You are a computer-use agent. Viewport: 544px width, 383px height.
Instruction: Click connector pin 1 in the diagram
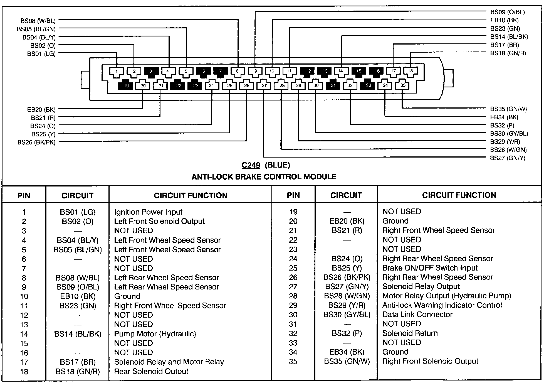[x=117, y=71]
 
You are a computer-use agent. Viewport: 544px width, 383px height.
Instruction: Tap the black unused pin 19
[x=126, y=85]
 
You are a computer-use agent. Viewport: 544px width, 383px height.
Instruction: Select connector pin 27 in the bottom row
[x=264, y=85]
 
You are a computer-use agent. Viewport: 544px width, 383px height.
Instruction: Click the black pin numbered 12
[x=308, y=71]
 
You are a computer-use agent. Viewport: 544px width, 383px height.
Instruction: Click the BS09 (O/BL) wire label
[x=507, y=12]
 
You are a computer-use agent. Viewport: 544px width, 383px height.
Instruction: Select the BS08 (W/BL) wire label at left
[x=38, y=21]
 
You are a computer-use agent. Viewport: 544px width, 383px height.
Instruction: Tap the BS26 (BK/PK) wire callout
[x=36, y=143]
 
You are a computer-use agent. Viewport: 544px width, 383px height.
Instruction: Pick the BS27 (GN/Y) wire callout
[x=507, y=158]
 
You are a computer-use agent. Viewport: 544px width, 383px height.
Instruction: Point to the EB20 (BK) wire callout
[x=41, y=110]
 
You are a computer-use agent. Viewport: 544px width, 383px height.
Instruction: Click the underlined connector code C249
[x=251, y=165]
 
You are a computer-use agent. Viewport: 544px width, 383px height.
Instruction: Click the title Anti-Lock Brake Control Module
[x=264, y=177]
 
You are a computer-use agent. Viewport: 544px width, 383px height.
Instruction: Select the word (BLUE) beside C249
[x=277, y=165]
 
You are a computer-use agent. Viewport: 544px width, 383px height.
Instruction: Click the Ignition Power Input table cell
[x=148, y=212]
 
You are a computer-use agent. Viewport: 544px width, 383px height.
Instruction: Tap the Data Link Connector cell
[x=417, y=315]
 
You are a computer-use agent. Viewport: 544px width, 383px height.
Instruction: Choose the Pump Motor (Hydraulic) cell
[x=155, y=334]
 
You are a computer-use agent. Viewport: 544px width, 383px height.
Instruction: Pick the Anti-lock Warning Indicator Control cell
[x=442, y=305]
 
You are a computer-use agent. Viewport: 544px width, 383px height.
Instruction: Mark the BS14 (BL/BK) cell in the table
[x=78, y=334]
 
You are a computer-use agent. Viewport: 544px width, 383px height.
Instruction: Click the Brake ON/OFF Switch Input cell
[x=430, y=268]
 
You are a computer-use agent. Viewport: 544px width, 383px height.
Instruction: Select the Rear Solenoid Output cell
[x=151, y=371]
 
